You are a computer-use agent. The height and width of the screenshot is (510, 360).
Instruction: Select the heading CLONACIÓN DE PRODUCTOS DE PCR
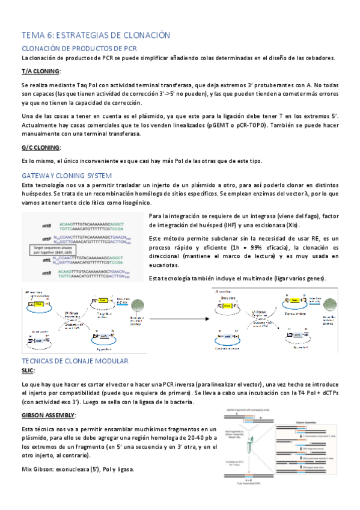click(x=80, y=48)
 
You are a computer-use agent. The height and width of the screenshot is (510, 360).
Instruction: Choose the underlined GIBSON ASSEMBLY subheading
click(x=49, y=416)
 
